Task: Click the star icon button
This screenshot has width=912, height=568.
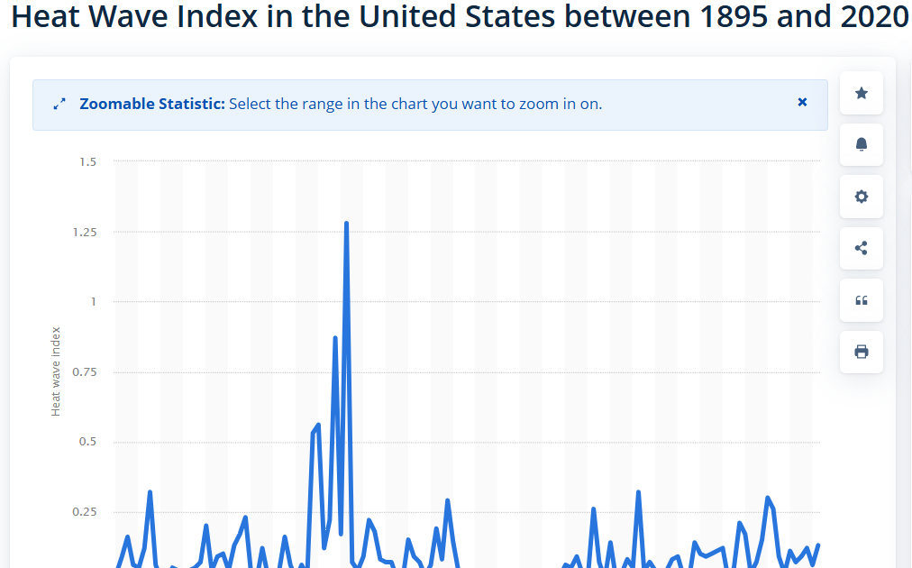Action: [x=861, y=93]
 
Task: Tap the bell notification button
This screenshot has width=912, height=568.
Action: [x=861, y=144]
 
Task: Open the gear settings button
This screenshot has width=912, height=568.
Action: [x=861, y=197]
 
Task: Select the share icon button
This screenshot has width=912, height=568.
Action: [x=861, y=248]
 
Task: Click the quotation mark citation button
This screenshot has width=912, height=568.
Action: [x=861, y=300]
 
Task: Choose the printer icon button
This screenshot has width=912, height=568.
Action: [x=861, y=352]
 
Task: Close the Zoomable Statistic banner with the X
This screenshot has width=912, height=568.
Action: [x=802, y=103]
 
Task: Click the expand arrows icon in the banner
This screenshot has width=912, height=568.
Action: [x=59, y=105]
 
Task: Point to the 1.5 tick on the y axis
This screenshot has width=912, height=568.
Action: [x=87, y=161]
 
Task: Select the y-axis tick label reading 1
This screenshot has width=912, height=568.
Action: [x=93, y=301]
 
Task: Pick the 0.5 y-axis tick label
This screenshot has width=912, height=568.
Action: [x=87, y=442]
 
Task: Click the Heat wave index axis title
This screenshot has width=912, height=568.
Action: [x=56, y=371]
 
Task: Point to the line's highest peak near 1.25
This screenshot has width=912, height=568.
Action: [x=346, y=223]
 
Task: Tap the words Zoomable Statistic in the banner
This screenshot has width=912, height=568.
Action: [x=151, y=104]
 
